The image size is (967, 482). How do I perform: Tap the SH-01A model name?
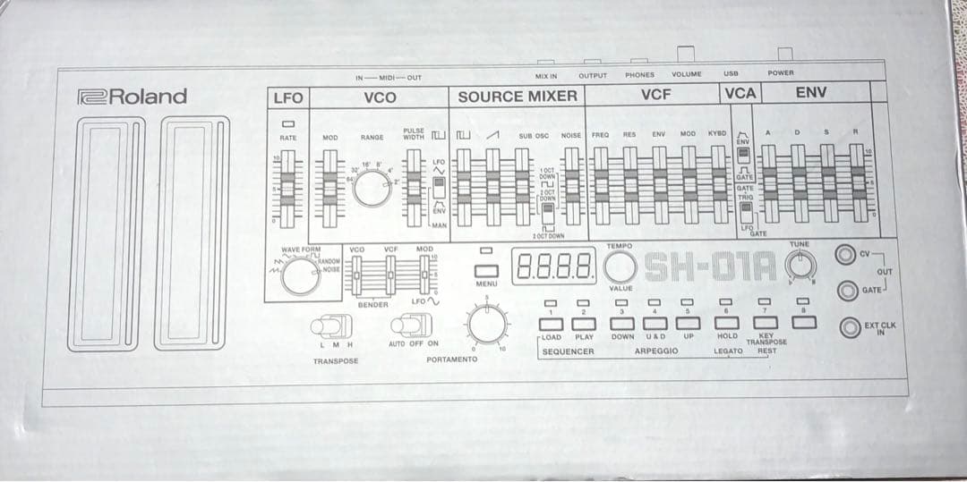tap(715, 265)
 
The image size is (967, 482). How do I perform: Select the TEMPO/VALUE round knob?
tap(620, 266)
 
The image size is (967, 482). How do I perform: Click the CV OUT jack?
tap(845, 254)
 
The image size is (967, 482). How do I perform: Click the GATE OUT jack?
tap(845, 290)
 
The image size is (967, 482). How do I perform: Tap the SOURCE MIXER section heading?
tap(518, 96)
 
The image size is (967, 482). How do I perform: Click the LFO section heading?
tap(288, 96)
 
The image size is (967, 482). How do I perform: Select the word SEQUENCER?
tap(568, 351)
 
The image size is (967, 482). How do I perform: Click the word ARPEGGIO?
tap(655, 351)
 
